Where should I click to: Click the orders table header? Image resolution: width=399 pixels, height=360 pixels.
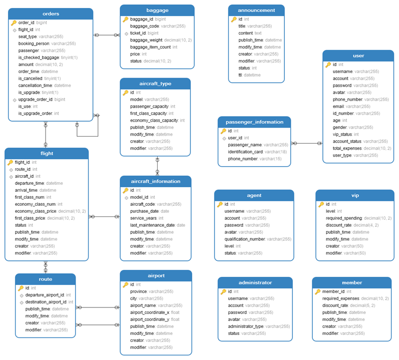tap(51, 14)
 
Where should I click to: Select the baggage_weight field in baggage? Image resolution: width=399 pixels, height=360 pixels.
tap(146, 40)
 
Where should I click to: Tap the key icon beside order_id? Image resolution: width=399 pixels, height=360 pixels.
tap(14, 23)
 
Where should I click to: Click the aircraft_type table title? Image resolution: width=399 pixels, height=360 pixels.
tap(155, 83)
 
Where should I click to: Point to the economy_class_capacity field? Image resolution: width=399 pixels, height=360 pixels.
tap(154, 121)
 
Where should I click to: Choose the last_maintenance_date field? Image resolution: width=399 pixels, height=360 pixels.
tap(153, 225)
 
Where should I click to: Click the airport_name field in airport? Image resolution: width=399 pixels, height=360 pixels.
tap(143, 305)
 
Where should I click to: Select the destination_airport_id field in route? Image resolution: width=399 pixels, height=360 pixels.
tap(46, 302)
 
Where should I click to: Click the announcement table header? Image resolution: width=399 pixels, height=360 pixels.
tap(256, 10)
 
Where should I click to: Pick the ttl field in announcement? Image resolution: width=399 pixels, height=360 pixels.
tap(241, 75)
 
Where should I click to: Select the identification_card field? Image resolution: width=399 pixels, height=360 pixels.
tap(246, 152)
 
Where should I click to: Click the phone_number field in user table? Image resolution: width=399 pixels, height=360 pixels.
tap(347, 100)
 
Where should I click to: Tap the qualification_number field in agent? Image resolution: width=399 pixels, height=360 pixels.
tap(245, 239)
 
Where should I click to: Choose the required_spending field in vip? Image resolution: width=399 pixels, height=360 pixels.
tap(344, 218)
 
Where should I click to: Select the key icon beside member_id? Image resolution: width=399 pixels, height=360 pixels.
tap(317, 291)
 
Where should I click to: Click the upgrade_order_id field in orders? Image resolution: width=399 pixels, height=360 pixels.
tap(36, 100)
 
